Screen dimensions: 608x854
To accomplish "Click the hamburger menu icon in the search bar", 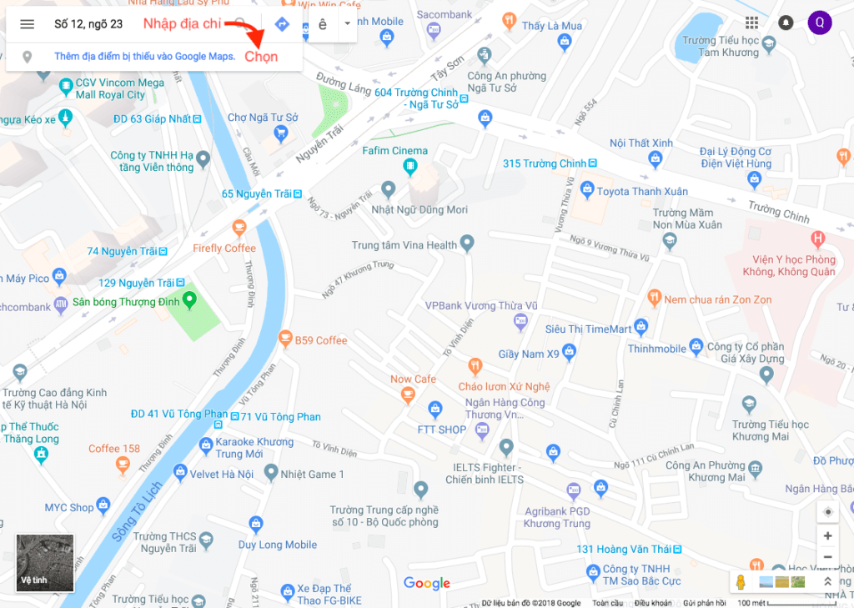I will click(28, 24).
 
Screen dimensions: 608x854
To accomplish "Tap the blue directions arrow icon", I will click(282, 24).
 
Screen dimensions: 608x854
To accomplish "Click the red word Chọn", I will click(261, 57).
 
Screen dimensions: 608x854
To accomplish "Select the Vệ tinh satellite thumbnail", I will click(45, 563).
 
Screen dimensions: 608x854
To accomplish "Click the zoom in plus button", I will click(827, 536).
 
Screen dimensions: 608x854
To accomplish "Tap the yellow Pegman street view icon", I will click(740, 581).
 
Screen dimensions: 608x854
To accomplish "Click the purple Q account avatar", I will click(820, 23).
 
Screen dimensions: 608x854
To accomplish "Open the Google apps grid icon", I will click(752, 23).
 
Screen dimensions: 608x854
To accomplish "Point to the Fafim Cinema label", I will click(395, 151).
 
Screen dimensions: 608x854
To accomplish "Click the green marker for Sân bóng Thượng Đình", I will click(189, 300).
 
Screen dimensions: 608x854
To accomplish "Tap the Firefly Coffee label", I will click(224, 249).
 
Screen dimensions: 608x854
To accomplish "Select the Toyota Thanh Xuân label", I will click(642, 192).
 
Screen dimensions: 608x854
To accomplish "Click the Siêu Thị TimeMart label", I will click(589, 329).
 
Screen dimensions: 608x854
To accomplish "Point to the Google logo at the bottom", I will click(427, 583).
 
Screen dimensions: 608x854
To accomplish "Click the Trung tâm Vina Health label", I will click(404, 245).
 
